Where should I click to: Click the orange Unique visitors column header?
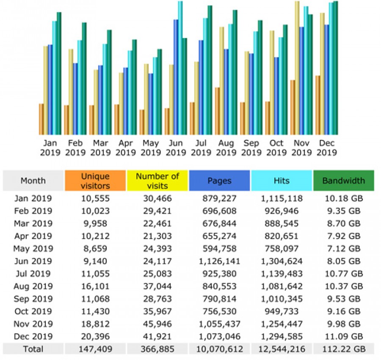click(95, 181)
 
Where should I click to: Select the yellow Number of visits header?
click(157, 181)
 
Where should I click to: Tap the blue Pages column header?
click(219, 181)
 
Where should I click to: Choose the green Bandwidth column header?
click(343, 181)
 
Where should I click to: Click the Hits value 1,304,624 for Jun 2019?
click(282, 261)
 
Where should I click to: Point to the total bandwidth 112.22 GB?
click(343, 349)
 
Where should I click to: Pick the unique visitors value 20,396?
click(95, 336)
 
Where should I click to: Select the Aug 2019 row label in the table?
click(33, 286)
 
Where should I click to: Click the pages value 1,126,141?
click(219, 261)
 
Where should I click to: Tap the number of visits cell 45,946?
click(157, 324)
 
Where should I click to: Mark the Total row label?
click(33, 349)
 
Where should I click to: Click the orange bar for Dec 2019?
click(318, 105)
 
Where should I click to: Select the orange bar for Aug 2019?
click(217, 111)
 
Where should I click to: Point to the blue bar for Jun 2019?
click(176, 77)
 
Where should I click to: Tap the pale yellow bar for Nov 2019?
click(297, 68)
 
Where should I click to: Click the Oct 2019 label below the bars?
click(276, 148)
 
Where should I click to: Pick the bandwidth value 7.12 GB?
click(343, 248)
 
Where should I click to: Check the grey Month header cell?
click(33, 181)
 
